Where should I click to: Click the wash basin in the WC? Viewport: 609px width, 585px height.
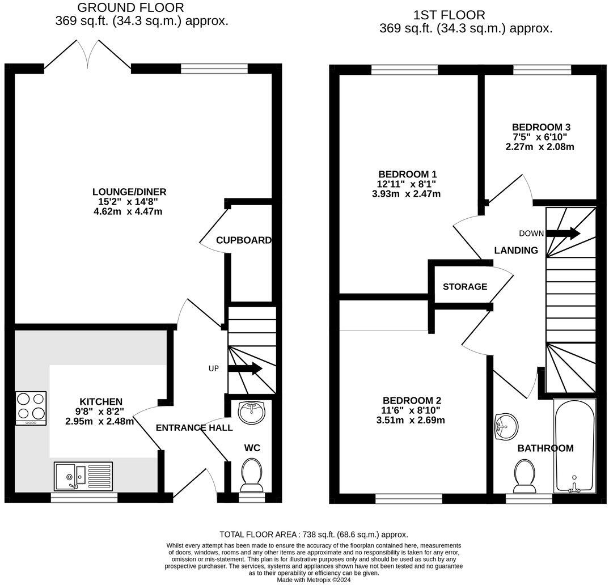251,412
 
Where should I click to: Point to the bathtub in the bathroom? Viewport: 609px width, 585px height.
574,446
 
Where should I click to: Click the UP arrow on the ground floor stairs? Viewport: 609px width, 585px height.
245,369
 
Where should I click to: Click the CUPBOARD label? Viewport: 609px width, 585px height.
244,240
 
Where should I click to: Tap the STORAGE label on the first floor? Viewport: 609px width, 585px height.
465,287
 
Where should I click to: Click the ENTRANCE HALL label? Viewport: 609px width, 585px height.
194,428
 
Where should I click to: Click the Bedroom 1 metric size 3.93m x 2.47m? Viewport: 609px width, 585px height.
402,194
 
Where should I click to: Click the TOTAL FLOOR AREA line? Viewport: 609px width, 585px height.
314,535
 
